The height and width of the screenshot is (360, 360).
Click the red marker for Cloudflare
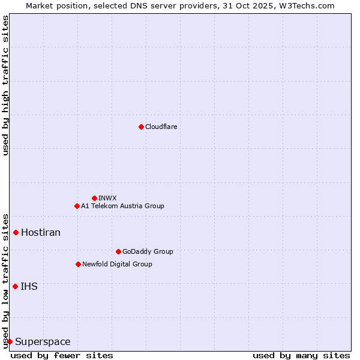(x=141, y=127)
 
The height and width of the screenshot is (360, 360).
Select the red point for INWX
(x=94, y=198)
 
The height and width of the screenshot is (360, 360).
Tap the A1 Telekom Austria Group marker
(x=77, y=206)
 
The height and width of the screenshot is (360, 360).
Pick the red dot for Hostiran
(x=16, y=232)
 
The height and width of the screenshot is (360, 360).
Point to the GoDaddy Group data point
(x=118, y=251)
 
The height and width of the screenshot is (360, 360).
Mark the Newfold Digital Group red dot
(x=78, y=264)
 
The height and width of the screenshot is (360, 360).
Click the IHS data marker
(x=15, y=286)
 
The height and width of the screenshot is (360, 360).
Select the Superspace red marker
(x=10, y=341)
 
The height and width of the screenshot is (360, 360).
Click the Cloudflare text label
(x=161, y=127)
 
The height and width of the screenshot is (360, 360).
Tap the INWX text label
(x=107, y=198)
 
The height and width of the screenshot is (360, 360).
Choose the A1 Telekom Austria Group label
(x=122, y=206)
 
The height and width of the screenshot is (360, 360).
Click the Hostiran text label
(x=41, y=232)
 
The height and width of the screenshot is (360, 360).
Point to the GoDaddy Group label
(x=148, y=251)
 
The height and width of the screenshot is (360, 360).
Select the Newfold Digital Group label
(x=117, y=264)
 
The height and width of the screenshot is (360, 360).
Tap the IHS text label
(x=29, y=286)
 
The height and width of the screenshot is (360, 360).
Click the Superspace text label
(x=43, y=341)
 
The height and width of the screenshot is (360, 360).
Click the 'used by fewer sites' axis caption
(x=62, y=355)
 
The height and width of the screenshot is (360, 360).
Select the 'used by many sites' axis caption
(x=301, y=355)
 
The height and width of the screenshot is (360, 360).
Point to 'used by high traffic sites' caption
(x=5, y=85)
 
